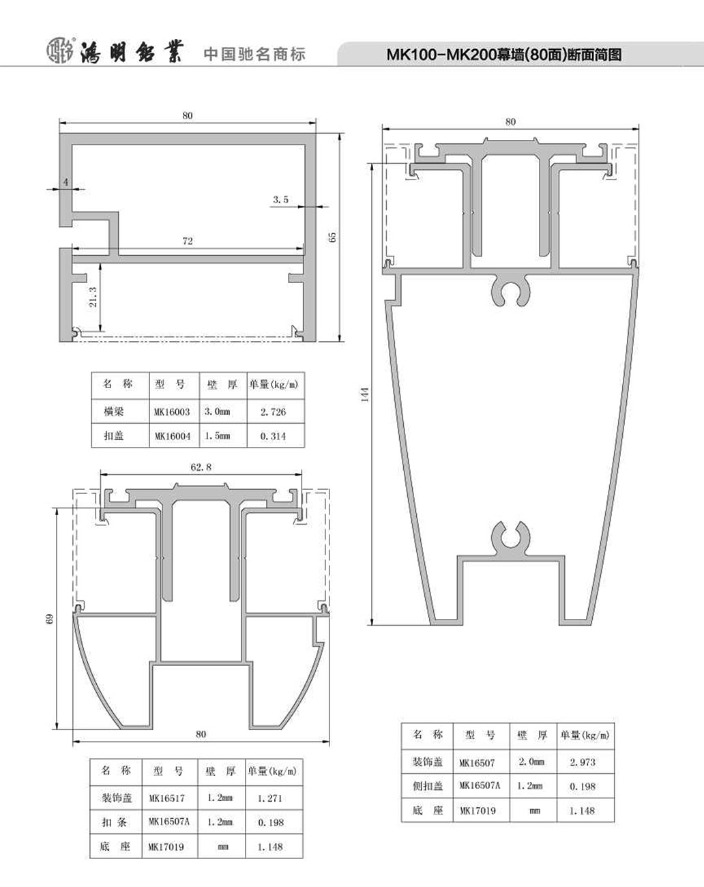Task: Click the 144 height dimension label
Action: (365, 394)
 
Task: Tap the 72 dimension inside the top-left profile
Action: (188, 241)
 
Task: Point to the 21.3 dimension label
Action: (93, 297)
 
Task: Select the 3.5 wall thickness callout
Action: (280, 200)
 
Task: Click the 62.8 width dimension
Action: (201, 467)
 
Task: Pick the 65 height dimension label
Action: (332, 237)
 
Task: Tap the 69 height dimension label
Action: (50, 619)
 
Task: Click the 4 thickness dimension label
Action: (66, 181)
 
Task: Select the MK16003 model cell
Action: (172, 411)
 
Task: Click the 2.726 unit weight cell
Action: (273, 411)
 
